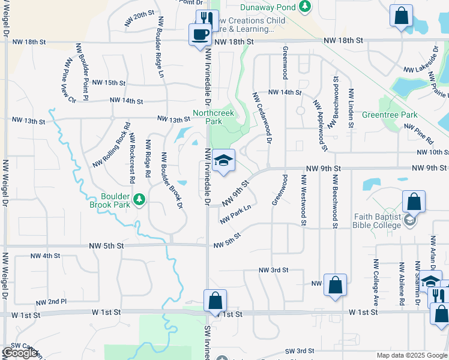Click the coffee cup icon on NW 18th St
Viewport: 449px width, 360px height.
point(200,34)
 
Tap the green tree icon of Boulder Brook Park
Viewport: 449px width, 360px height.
point(140,199)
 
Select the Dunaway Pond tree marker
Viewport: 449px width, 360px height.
point(306,7)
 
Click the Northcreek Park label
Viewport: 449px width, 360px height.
point(213,117)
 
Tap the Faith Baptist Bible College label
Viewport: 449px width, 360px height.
point(368,221)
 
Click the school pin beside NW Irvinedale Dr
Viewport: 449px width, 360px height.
point(223,160)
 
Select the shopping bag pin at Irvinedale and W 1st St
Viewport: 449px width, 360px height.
point(215,301)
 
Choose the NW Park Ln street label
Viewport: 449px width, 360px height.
point(235,215)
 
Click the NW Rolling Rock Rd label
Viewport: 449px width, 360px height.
point(112,146)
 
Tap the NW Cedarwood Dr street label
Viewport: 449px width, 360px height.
point(262,118)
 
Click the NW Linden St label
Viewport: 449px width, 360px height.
point(351,109)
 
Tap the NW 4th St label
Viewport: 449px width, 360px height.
point(45,256)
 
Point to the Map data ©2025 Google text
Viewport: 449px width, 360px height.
point(411,355)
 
